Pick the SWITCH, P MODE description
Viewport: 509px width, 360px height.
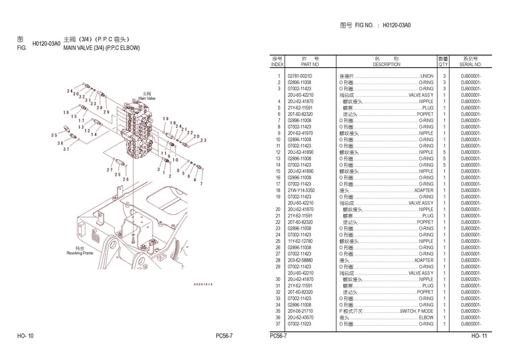(416, 311)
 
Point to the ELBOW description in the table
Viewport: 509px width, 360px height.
(426, 318)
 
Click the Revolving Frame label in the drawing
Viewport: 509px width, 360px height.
(79, 251)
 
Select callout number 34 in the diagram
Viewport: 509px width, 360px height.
(70, 91)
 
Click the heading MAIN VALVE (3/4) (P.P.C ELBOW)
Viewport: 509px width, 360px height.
(101, 47)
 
